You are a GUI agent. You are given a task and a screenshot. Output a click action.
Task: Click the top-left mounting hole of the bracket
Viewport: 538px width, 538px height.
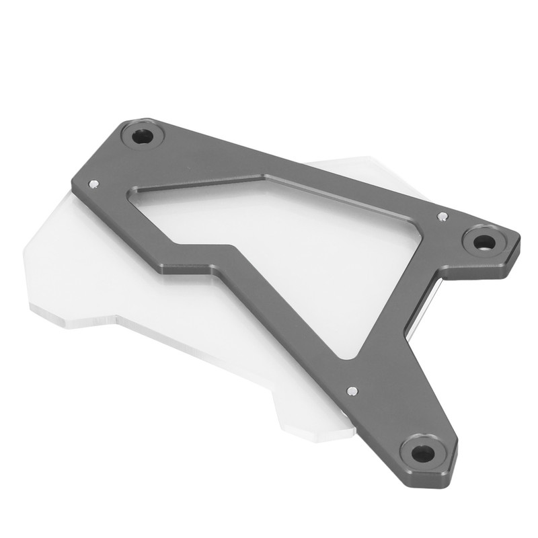click(143, 137)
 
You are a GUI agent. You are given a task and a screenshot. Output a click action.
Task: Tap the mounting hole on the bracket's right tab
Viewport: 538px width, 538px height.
click(483, 241)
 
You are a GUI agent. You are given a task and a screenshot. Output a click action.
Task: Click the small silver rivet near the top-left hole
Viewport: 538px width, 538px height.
click(93, 182)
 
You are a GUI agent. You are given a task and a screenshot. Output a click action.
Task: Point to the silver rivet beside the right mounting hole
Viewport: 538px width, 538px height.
click(442, 216)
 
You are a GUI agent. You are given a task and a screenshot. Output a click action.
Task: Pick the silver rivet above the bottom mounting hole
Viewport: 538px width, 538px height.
click(351, 390)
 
